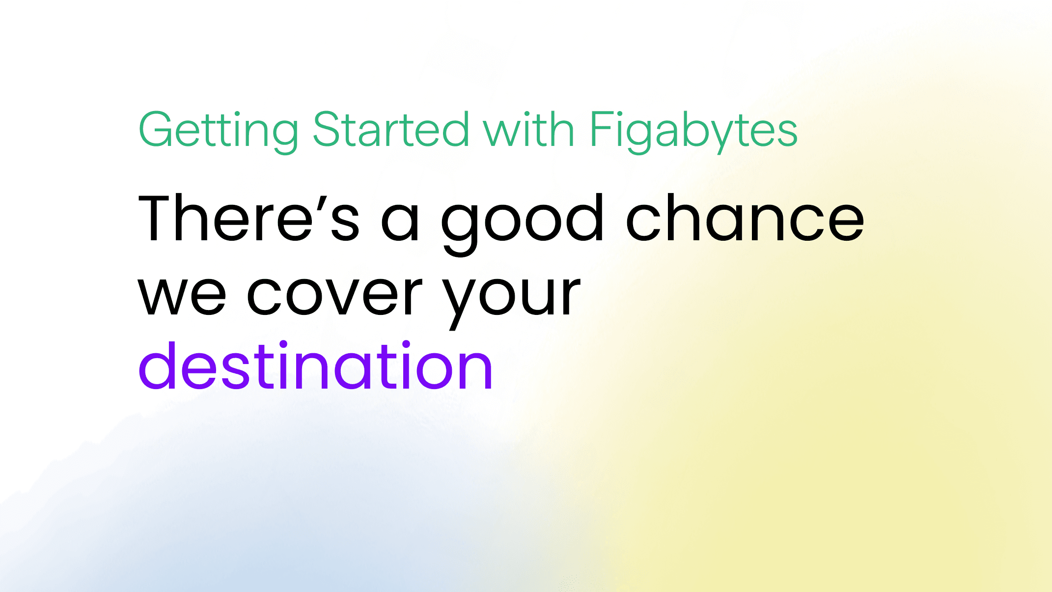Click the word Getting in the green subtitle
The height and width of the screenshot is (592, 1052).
click(218, 130)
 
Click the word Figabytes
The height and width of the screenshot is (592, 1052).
click(693, 130)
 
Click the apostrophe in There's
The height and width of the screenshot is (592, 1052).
click(321, 203)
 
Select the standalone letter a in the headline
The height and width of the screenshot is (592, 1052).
click(400, 224)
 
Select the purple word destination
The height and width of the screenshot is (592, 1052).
click(316, 366)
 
